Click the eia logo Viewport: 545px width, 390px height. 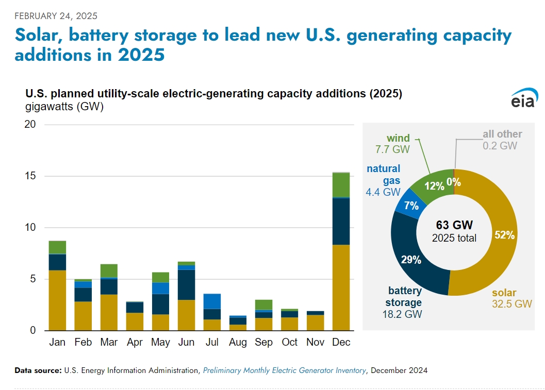524,99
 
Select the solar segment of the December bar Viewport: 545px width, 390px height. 341,287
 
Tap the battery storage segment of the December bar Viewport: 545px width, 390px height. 341,221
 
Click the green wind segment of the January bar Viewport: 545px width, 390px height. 57,247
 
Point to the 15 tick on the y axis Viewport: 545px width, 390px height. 30,176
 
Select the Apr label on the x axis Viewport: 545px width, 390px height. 135,342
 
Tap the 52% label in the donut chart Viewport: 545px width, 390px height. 504,235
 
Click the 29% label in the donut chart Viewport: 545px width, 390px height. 411,260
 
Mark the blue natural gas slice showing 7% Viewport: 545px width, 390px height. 411,205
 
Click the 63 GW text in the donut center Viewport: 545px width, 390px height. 454,225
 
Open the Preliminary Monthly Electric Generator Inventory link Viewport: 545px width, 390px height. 284,370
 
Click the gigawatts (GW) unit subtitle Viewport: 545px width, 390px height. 64,107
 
